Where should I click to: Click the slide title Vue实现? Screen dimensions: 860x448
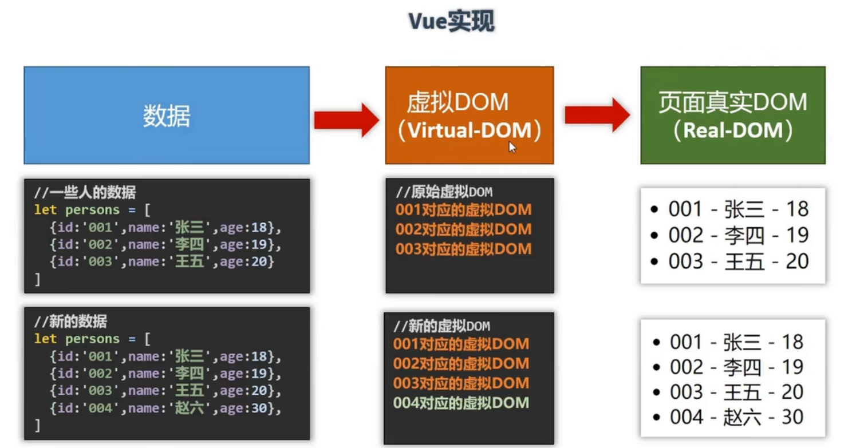[x=451, y=21]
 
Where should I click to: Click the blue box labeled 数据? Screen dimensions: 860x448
[x=167, y=115]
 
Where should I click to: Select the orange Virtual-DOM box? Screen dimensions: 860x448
[x=470, y=115]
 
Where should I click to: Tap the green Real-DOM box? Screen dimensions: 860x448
[x=733, y=115]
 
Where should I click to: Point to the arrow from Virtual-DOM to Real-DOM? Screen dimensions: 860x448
[x=597, y=115]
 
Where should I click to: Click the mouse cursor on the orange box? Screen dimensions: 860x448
[x=512, y=147]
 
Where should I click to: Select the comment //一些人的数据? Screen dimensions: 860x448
[x=85, y=192]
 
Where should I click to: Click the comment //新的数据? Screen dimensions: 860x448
[x=70, y=322]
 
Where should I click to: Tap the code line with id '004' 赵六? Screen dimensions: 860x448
[x=165, y=408]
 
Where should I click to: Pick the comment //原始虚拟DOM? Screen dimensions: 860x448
[x=444, y=192]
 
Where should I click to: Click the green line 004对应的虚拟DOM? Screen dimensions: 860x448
[x=461, y=403]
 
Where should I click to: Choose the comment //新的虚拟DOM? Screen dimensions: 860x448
[x=442, y=326]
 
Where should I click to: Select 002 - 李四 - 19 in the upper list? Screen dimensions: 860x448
[x=730, y=235]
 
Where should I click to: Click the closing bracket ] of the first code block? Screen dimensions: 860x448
[x=37, y=279]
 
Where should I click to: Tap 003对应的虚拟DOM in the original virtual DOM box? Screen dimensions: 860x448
[x=464, y=249]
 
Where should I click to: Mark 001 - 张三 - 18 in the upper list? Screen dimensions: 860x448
[x=730, y=209]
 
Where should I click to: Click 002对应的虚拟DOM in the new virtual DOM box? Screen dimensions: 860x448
[x=461, y=363]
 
